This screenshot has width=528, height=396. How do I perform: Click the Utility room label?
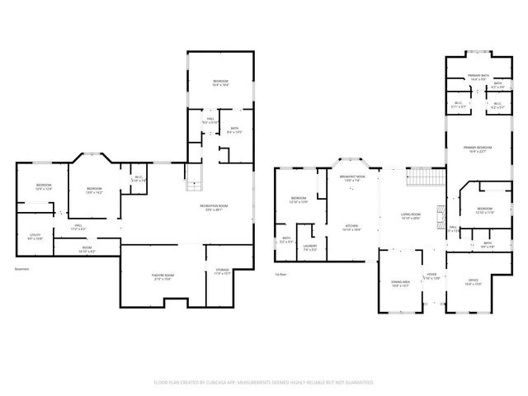pyautogui.click(x=35, y=236)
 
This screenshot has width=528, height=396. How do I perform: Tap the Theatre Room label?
pyautogui.click(x=163, y=276)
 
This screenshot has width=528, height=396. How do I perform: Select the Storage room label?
pyautogui.click(x=223, y=270)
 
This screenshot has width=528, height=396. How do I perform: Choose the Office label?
pyautogui.click(x=474, y=280)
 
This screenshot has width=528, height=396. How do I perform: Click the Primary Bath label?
pyautogui.click(x=478, y=76)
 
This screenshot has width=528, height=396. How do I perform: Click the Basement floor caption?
pyautogui.click(x=23, y=268)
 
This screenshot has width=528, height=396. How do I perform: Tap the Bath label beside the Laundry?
pyautogui.click(x=286, y=241)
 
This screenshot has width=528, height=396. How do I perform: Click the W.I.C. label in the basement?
pyautogui.click(x=138, y=179)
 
